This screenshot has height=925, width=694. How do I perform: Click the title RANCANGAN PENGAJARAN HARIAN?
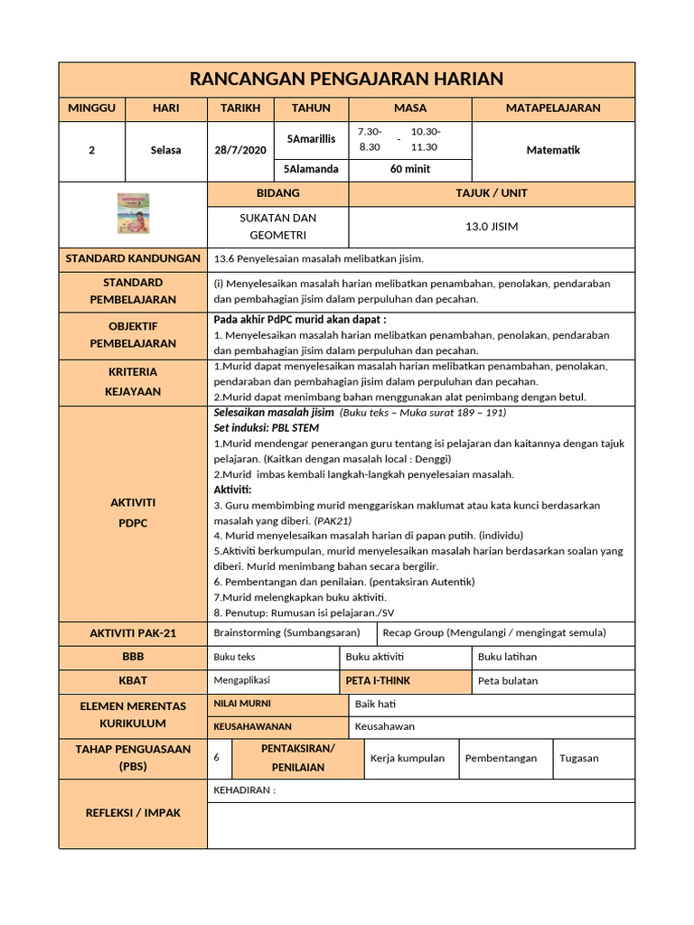coord(347,79)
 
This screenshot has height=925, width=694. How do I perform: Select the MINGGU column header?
coord(91,108)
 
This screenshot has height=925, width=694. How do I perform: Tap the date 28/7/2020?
coord(240,151)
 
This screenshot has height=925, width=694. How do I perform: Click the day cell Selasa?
coord(165,151)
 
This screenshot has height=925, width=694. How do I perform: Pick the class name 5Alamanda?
coord(311,169)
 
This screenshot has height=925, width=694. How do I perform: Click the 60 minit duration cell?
coord(409,169)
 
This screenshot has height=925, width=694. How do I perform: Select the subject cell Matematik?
coord(552,151)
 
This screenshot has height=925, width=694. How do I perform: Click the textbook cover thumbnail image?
coord(133,214)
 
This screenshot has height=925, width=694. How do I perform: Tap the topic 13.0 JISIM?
coord(491,227)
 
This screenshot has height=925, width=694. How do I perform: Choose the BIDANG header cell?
coord(277,193)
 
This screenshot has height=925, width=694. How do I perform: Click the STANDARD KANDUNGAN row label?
coord(133,259)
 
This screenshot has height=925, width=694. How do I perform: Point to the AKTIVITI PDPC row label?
coord(133,513)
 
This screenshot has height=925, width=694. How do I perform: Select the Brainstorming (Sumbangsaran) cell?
coord(286,633)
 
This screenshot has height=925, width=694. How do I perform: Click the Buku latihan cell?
coord(507,658)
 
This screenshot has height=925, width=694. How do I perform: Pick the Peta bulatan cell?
coord(507,681)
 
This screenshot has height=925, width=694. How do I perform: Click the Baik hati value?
coord(376,705)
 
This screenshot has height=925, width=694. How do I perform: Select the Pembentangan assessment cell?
coord(501,759)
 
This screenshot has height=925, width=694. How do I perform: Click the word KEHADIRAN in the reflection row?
coord(243,791)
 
